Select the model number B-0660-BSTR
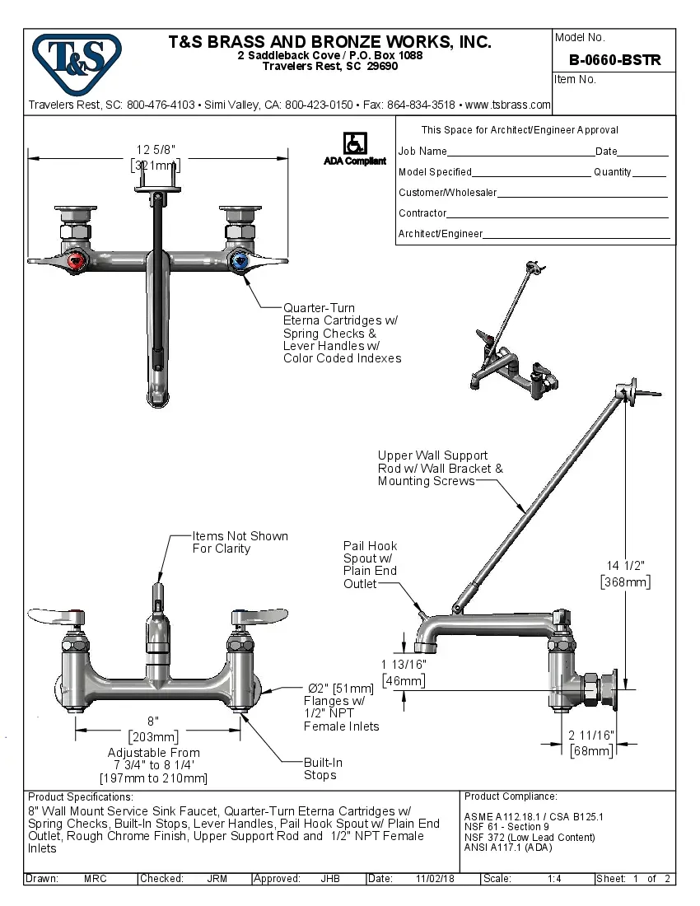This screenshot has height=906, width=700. coord(615,60)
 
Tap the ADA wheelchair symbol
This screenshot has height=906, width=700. coord(355,142)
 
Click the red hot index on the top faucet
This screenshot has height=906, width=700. coord(76,263)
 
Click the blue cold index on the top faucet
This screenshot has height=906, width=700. coord(240,263)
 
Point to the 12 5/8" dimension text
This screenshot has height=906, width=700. coord(156,149)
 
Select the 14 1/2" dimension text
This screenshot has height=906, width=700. coord(625,565)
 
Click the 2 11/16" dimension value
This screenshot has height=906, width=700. coord(591,735)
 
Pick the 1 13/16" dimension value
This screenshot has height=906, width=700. coord(404,664)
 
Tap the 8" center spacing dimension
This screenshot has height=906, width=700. coord(153,721)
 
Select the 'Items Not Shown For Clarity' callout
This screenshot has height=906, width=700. coord(240,542)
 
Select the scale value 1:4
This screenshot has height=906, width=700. coord(554,879)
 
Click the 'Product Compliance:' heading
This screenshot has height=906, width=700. coord(511,796)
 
